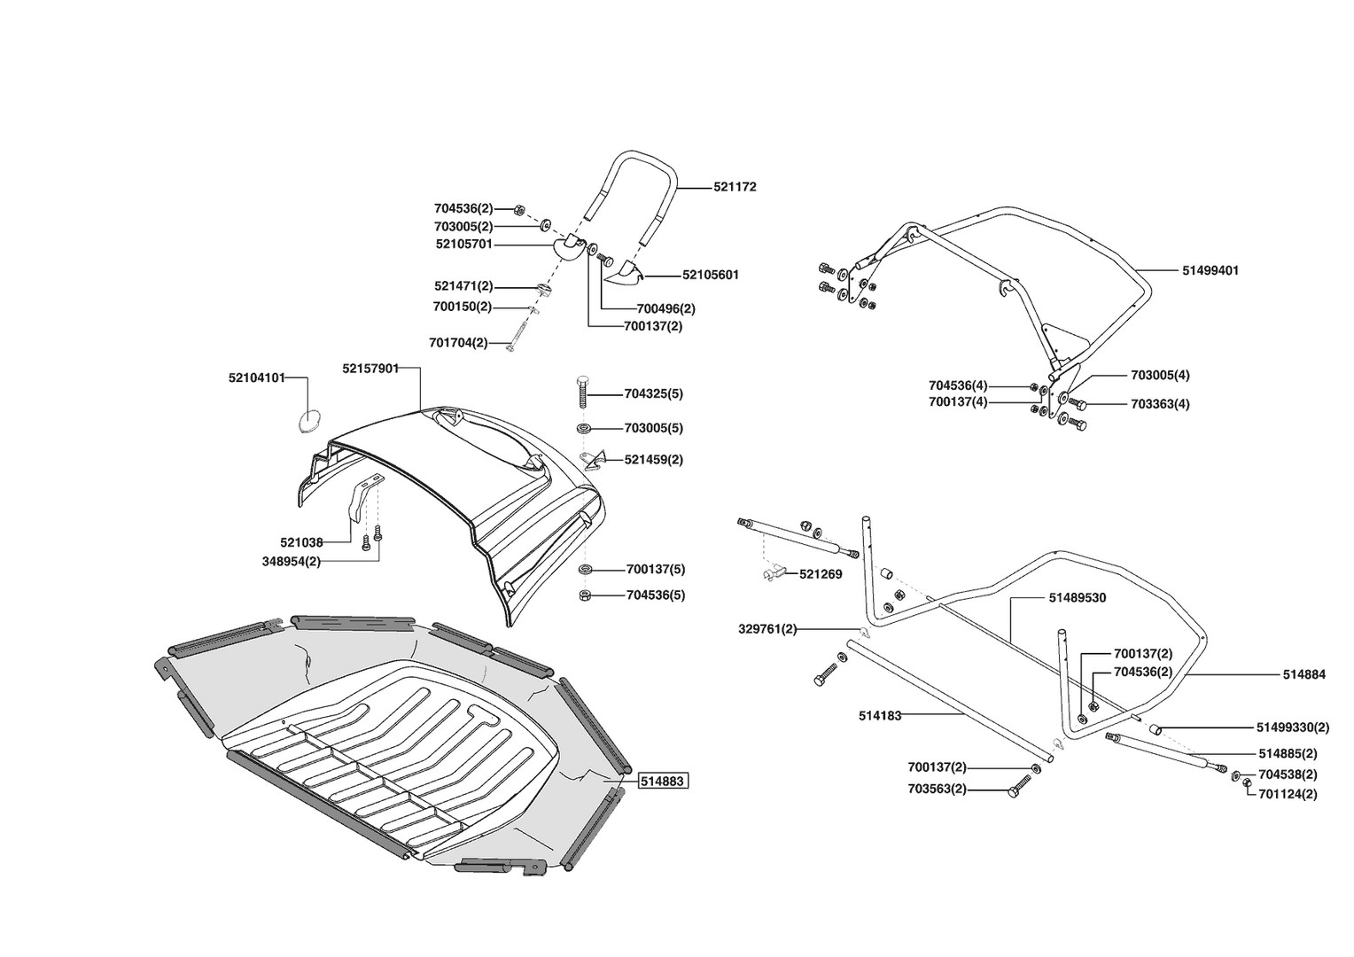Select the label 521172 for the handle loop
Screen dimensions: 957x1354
(x=735, y=187)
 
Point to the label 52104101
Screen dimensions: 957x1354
(x=257, y=377)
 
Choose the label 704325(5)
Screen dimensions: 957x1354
(x=653, y=393)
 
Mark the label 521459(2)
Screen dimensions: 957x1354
(x=653, y=460)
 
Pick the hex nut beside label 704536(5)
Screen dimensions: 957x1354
(x=585, y=595)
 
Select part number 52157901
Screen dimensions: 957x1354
(x=370, y=368)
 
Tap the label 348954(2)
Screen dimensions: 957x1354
(x=292, y=561)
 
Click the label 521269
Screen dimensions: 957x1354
(x=821, y=574)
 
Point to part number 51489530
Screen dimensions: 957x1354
(x=1077, y=598)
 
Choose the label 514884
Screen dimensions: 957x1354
(x=1303, y=674)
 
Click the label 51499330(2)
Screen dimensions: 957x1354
(x=1292, y=727)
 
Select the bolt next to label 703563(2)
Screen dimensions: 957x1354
(x=1022, y=787)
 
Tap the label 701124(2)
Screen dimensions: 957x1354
(x=1288, y=794)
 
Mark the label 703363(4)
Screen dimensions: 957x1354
(x=1160, y=404)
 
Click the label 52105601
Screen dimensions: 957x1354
(x=710, y=275)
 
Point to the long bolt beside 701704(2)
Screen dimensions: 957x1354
(x=518, y=332)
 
